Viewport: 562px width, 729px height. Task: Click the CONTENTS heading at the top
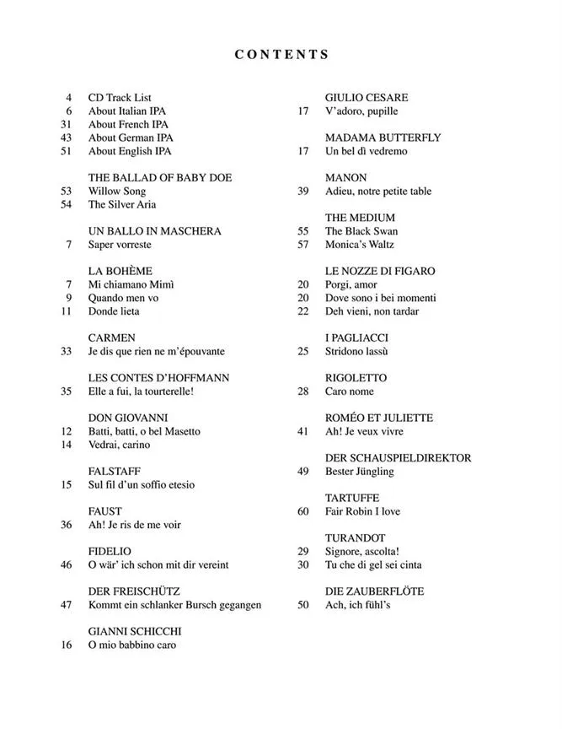click(x=281, y=55)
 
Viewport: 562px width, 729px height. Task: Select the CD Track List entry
click(x=120, y=98)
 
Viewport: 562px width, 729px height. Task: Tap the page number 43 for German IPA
click(x=67, y=138)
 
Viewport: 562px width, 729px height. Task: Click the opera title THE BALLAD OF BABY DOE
click(x=160, y=178)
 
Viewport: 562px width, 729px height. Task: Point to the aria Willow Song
click(x=116, y=192)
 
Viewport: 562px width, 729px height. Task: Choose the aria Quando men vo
click(x=124, y=298)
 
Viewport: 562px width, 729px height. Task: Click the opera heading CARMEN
click(x=111, y=338)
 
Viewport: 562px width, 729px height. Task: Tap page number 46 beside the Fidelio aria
click(x=67, y=565)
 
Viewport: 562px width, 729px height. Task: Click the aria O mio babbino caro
click(x=132, y=645)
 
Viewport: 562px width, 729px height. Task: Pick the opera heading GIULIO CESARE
click(x=367, y=98)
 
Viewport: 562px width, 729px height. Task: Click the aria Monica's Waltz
click(x=360, y=245)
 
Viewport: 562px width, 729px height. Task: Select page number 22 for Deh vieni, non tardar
click(x=303, y=311)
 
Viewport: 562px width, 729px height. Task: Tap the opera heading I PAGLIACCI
click(x=357, y=338)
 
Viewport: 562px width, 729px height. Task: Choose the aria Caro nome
click(x=349, y=391)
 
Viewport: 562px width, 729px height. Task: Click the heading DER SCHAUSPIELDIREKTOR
click(x=399, y=458)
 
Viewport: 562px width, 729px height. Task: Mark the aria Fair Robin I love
click(x=362, y=511)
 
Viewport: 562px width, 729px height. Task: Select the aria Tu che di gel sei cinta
click(x=373, y=564)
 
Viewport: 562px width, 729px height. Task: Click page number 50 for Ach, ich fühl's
click(x=303, y=605)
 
